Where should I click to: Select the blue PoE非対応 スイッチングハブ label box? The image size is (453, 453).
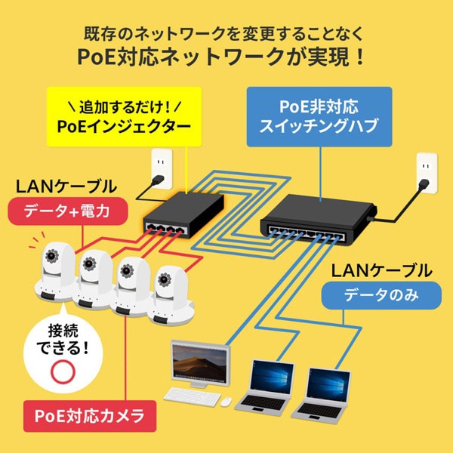(x=319, y=116)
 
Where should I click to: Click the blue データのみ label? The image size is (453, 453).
(x=381, y=295)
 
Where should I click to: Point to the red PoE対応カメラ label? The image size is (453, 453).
(x=89, y=415)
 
